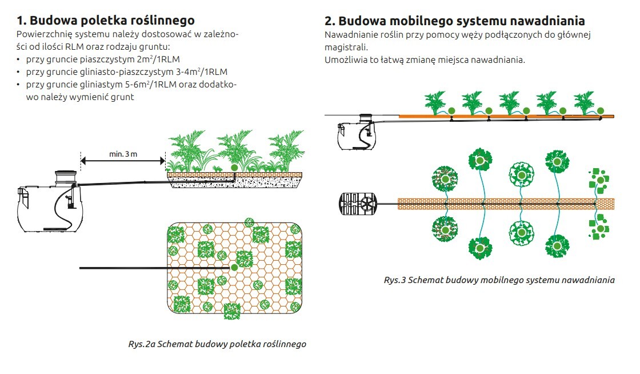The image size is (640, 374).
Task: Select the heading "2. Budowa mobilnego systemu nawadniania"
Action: click(455, 21)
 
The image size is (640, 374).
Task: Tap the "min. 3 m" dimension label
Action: click(123, 154)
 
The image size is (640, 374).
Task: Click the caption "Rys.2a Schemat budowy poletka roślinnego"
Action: click(217, 344)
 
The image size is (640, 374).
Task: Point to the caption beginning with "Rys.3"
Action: click(499, 280)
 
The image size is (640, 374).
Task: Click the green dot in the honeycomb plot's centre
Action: click(234, 268)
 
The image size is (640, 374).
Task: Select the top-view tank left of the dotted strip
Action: click(358, 203)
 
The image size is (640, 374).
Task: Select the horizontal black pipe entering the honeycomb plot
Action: click(154, 268)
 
